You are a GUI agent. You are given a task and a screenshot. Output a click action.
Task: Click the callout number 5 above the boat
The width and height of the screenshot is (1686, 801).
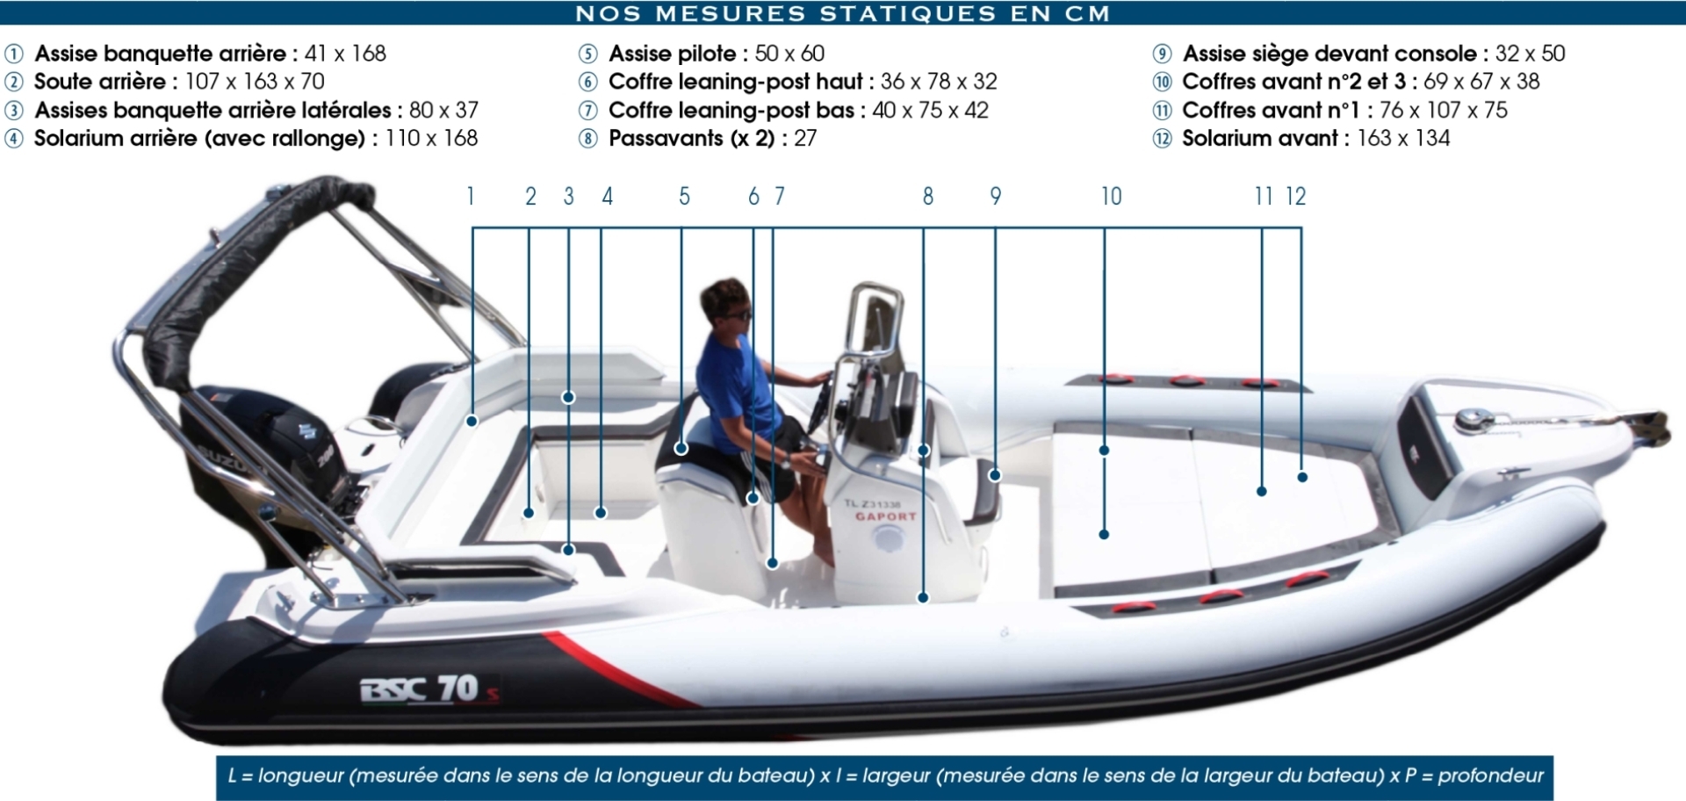pos(684,197)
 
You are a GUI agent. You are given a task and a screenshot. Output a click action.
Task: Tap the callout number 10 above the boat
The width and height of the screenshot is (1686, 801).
pos(1111,197)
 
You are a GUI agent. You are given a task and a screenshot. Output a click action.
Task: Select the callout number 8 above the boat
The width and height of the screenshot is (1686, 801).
pos(927,197)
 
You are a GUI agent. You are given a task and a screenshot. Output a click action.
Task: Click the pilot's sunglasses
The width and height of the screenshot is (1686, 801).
pos(736,314)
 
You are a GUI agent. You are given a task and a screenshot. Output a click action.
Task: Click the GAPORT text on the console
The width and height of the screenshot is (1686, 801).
pos(885,516)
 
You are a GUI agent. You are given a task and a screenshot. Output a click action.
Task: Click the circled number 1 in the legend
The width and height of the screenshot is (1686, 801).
pos(14,54)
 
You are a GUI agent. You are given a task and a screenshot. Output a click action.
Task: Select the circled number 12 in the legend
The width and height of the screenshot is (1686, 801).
pos(1162,139)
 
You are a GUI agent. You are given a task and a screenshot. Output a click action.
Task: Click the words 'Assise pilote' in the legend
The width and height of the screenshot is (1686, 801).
pos(673,54)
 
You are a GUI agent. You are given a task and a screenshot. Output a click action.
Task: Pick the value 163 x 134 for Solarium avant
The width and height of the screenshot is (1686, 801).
pos(1403,138)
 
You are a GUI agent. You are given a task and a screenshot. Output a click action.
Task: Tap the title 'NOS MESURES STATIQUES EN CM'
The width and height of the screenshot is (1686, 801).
pos(843,13)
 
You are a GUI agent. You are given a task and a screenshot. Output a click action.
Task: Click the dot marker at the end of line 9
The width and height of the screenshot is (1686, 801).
pos(995,475)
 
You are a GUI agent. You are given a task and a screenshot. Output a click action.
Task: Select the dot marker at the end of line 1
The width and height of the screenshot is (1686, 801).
pos(472,422)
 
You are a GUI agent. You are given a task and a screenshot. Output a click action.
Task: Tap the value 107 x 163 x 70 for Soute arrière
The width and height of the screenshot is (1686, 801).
pos(255,82)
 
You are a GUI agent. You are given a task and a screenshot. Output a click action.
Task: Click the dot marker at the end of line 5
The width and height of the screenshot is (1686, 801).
pos(681,449)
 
